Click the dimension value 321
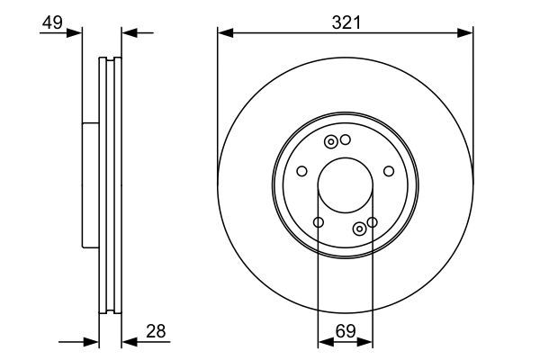346,22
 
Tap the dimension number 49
52,22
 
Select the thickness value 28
156,333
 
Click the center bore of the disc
346,187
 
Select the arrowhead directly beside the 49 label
75,33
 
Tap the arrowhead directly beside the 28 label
129,342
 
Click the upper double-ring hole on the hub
331,141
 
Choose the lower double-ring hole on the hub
360,228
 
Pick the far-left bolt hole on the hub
301,171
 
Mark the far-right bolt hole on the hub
389,171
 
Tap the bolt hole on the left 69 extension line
318,222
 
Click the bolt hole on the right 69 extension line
372,221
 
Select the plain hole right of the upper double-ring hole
345,140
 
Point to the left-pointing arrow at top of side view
129,33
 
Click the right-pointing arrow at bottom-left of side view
91,342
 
